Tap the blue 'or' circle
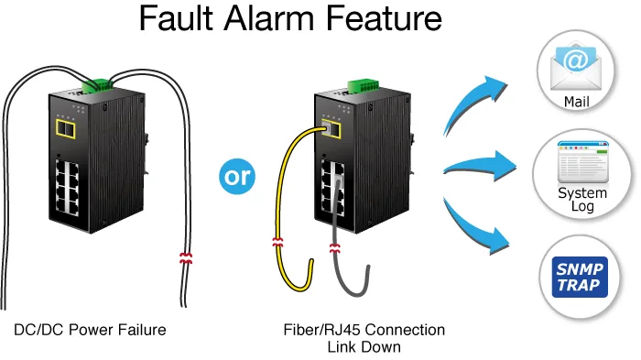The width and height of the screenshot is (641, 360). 237,176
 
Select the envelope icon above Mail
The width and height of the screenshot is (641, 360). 576,68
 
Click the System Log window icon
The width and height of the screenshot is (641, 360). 583,162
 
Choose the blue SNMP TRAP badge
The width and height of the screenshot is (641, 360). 580,277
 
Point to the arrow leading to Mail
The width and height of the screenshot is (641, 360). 474,103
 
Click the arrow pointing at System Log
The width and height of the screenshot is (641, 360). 481,167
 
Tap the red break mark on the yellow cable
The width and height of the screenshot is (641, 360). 277,242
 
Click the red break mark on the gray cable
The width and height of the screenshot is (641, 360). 334,248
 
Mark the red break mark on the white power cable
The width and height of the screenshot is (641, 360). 186,258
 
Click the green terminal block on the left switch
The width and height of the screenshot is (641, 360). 97,86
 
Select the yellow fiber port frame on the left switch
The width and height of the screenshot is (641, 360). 66,129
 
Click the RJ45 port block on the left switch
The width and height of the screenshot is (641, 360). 68,188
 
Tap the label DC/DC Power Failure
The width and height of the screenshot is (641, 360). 90,330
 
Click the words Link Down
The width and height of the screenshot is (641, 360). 364,347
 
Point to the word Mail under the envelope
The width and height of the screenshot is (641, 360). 576,102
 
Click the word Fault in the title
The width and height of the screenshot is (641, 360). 176,18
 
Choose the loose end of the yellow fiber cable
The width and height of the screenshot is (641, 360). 311,262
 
